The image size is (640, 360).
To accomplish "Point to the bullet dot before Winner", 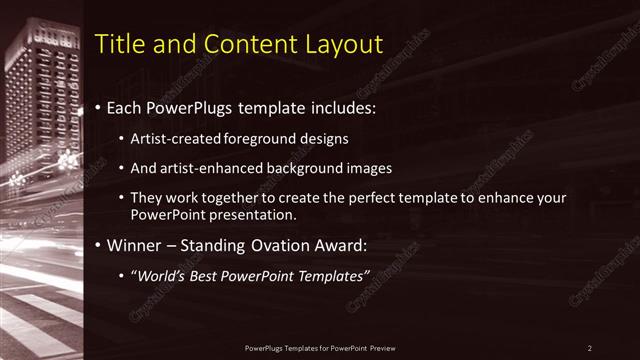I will click(97, 245).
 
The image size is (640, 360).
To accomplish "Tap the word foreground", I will click(260, 138).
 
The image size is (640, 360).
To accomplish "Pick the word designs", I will click(327, 138).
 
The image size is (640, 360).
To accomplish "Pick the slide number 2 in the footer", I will click(590, 348).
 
